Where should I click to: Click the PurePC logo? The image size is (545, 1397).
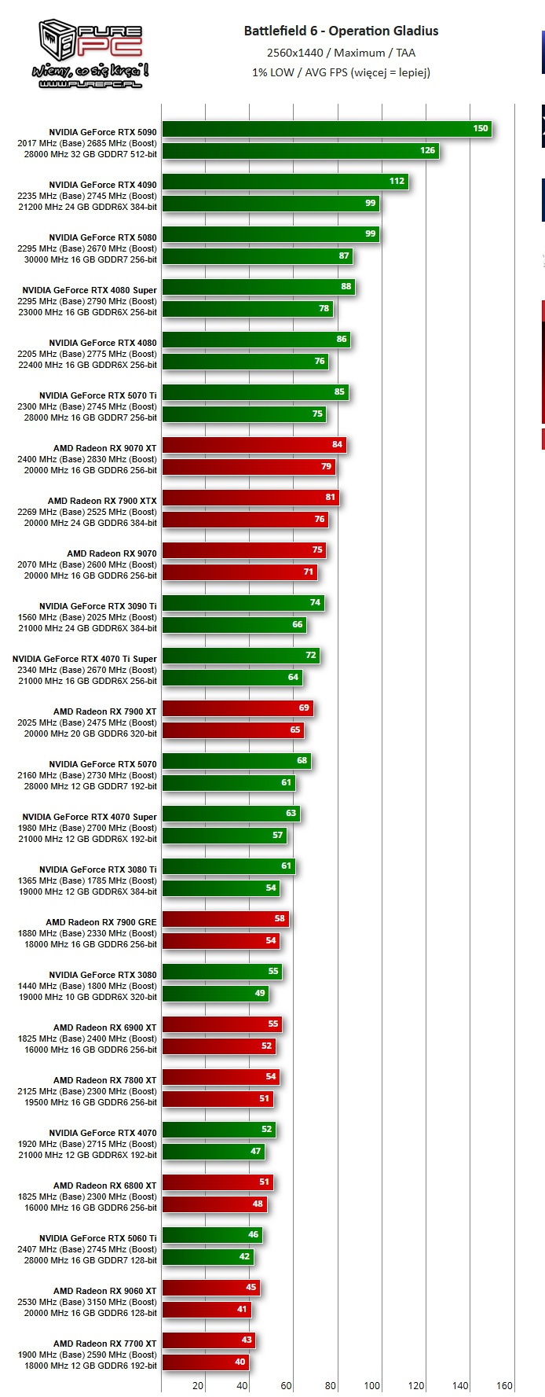tap(90, 53)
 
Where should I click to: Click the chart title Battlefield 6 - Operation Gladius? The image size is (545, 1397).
tap(341, 31)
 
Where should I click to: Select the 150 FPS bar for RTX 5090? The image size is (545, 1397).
tap(326, 128)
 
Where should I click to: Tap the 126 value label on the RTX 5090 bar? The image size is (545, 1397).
tap(427, 150)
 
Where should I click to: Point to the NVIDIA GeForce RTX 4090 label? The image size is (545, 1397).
tap(103, 185)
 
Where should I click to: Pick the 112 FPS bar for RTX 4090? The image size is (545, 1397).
tap(284, 181)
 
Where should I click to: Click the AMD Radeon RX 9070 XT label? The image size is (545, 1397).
tap(104, 448)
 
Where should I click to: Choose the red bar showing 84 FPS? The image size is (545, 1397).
tap(253, 444)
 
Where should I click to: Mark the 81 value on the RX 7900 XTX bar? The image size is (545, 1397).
tap(331, 497)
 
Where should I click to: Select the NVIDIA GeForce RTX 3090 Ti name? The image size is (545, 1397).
tap(98, 606)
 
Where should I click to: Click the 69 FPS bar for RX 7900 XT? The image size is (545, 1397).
tap(237, 708)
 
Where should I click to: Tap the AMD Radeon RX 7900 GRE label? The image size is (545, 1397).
tap(101, 922)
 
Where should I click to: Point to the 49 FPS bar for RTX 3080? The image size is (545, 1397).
tap(214, 993)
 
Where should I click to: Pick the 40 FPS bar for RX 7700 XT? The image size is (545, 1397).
tap(204, 1362)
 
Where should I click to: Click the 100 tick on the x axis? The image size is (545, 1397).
tap(372, 1386)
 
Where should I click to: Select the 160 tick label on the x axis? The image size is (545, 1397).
tap(504, 1386)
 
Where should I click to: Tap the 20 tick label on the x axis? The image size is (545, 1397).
tap(198, 1386)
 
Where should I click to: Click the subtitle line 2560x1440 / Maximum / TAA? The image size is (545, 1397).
tap(341, 53)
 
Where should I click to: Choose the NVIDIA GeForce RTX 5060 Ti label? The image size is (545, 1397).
tap(98, 1238)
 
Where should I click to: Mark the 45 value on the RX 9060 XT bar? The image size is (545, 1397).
tap(251, 1287)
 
